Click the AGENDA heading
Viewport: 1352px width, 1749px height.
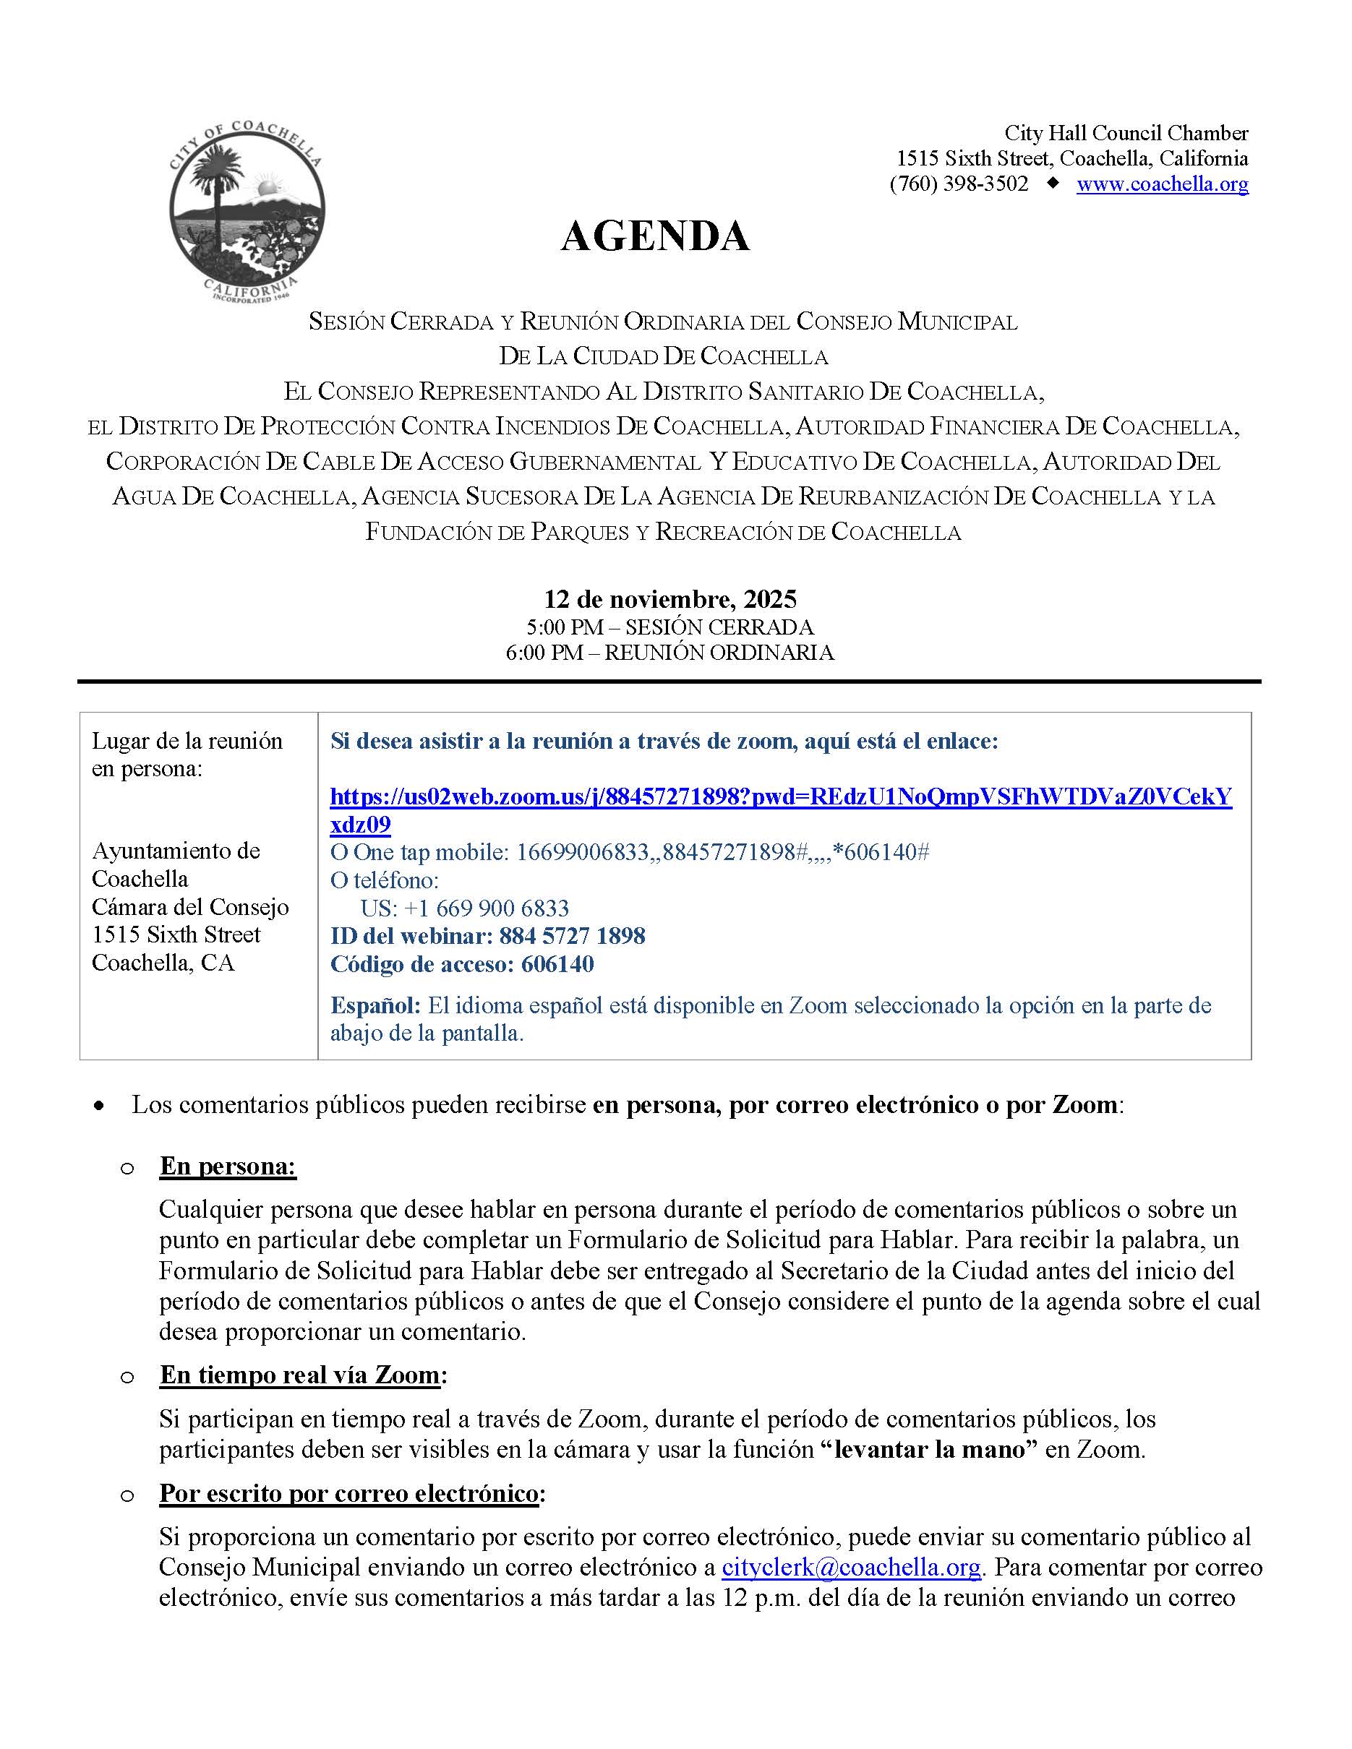click(x=654, y=236)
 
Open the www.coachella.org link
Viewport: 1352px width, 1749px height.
click(x=1161, y=184)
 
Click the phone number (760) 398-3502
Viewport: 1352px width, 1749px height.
click(x=959, y=184)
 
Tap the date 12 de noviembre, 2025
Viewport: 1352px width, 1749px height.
click(x=669, y=599)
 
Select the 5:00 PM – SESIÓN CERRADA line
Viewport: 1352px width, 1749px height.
click(x=669, y=627)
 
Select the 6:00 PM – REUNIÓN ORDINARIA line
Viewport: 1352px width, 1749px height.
click(x=669, y=653)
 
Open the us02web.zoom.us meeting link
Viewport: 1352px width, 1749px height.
click(x=780, y=797)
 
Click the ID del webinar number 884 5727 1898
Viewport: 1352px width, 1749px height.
click(x=572, y=935)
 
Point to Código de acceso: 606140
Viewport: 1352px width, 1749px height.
click(x=462, y=963)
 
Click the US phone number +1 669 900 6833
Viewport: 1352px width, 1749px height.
click(x=465, y=908)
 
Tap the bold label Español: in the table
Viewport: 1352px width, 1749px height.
click(x=375, y=1005)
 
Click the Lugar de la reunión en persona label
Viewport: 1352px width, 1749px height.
click(x=187, y=755)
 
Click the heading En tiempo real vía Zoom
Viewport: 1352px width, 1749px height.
click(x=299, y=1375)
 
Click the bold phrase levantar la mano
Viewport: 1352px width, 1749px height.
click(x=930, y=1450)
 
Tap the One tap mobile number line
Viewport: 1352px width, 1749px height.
click(x=629, y=852)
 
